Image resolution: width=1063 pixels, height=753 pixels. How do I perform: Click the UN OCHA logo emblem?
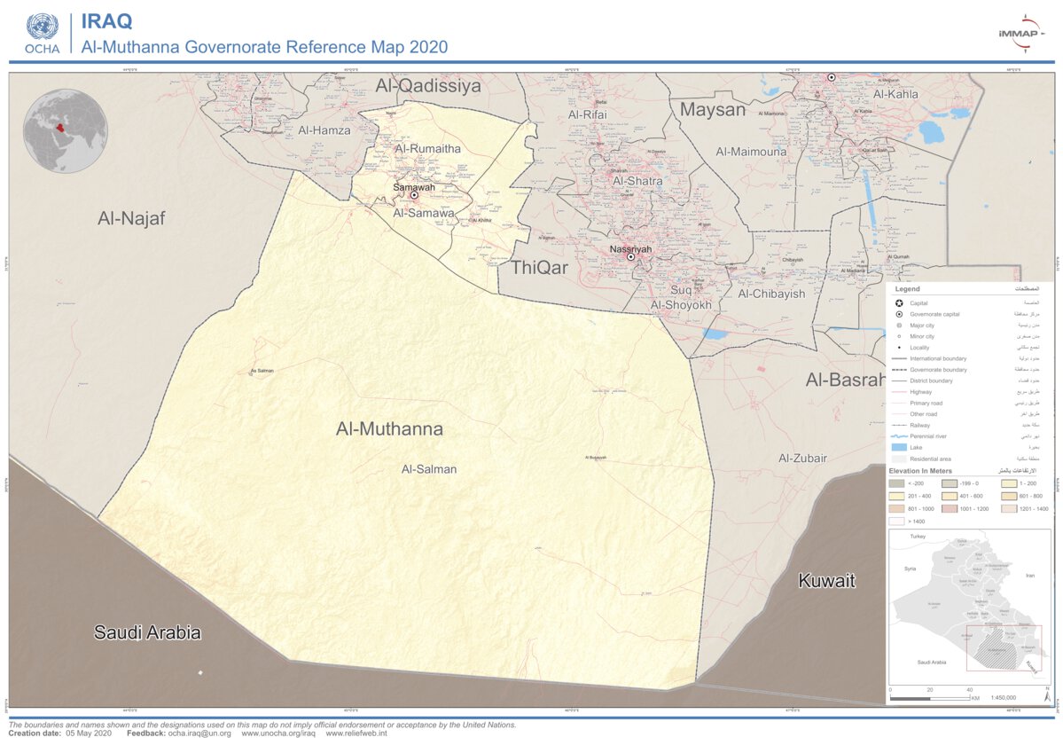click(x=42, y=27)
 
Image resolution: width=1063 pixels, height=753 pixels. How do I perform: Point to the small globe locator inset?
click(x=66, y=130)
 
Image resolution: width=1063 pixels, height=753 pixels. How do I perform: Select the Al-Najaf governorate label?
click(x=131, y=218)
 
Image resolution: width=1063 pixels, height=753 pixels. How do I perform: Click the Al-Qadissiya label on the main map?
click(x=427, y=86)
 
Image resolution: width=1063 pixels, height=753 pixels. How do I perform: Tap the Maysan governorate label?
click(x=712, y=110)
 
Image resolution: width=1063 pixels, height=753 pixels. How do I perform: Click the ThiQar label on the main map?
click(x=539, y=267)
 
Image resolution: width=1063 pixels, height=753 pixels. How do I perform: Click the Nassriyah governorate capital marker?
click(x=630, y=257)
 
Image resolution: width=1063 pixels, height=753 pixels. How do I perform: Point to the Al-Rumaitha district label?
click(x=427, y=149)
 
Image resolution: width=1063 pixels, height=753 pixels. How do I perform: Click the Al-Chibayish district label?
click(x=771, y=294)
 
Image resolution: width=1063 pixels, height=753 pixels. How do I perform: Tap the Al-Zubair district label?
click(x=802, y=459)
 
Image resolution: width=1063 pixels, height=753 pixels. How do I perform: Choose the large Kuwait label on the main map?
click(x=826, y=581)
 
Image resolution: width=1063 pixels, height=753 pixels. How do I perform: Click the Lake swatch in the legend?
click(x=898, y=448)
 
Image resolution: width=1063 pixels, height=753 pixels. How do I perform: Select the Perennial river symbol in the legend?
click(x=898, y=436)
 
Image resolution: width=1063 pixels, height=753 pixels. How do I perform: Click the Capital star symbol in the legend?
click(x=898, y=303)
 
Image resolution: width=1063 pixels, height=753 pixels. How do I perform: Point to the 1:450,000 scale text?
click(x=1003, y=698)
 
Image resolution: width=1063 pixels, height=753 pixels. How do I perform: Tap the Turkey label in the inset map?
click(x=917, y=537)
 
